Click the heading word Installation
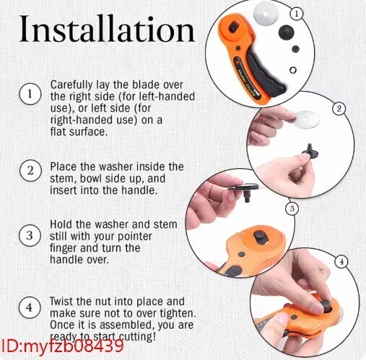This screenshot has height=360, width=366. pyautogui.click(x=107, y=29)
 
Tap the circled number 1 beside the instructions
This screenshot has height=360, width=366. pyautogui.click(x=30, y=94)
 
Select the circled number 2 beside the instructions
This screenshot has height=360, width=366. pyautogui.click(x=30, y=171)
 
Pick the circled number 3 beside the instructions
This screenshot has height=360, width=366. pyautogui.click(x=30, y=235)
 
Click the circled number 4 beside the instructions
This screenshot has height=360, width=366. pyautogui.click(x=30, y=307)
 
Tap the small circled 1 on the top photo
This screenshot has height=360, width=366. pyautogui.click(x=296, y=14)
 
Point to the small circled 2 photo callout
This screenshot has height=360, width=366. pyautogui.click(x=339, y=109)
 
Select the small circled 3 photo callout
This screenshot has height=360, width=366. pyautogui.click(x=292, y=208)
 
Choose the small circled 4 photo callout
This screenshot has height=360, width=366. pyautogui.click(x=341, y=262)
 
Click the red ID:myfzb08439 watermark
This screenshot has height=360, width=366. pyautogui.click(x=62, y=346)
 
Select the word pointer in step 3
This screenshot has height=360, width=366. pyautogui.click(x=135, y=237)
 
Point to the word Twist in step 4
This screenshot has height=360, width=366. pyautogui.click(x=61, y=302)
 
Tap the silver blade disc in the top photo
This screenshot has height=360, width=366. pyautogui.click(x=266, y=12)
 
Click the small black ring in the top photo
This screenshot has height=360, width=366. pyautogui.click(x=292, y=70)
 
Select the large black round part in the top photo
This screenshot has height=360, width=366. pyautogui.click(x=287, y=32)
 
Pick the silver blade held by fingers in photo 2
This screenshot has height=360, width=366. pyautogui.click(x=306, y=120)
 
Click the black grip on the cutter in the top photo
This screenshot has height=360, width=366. pyautogui.click(x=265, y=71)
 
